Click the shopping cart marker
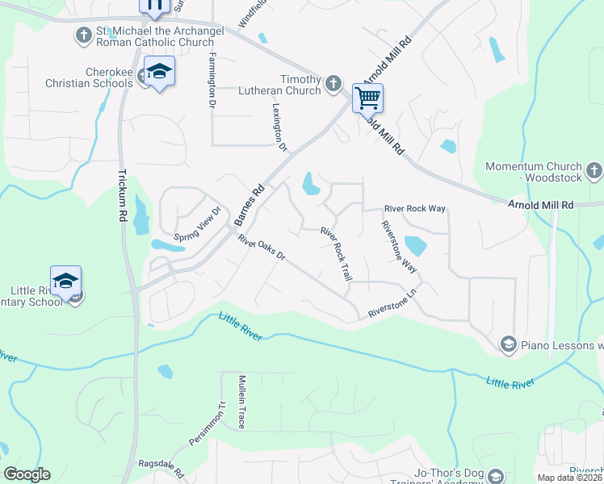367,98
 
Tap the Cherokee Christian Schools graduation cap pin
159,71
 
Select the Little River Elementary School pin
65,282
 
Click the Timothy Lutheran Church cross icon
333,82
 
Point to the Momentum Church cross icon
594,170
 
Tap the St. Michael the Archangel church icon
84,35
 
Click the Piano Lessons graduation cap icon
508,344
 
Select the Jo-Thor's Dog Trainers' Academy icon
496,477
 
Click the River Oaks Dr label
262,248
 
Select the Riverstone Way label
399,247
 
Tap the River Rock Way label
415,208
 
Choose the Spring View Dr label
198,225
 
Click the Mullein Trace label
241,401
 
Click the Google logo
27,474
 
